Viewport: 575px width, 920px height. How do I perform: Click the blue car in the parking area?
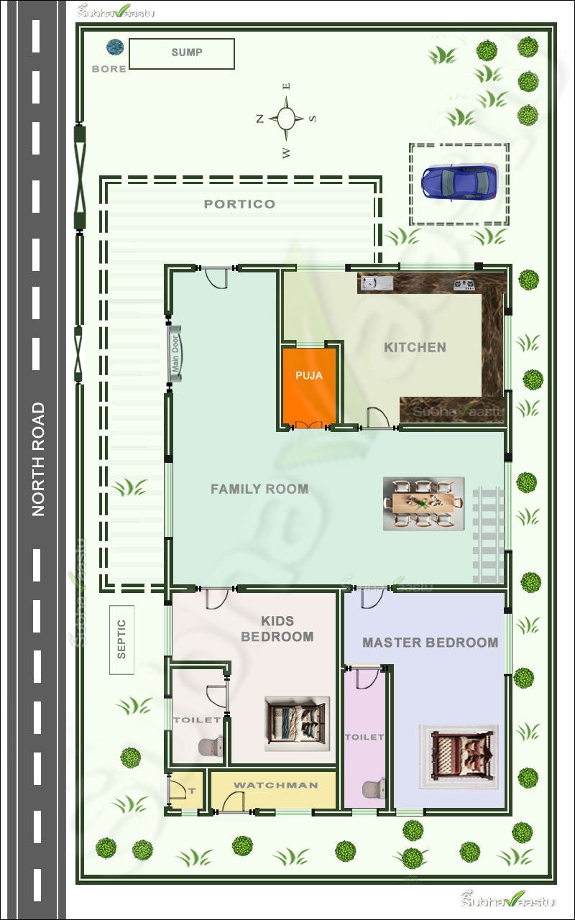point(459,182)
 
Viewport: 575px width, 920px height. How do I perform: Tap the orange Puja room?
point(309,386)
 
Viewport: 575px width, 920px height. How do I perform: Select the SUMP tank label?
point(186,52)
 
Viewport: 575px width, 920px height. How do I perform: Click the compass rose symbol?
point(285,119)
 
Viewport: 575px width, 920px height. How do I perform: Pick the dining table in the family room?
point(423,504)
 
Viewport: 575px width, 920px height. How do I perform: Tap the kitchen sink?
point(376,283)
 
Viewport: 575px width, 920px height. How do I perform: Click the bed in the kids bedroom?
point(297,723)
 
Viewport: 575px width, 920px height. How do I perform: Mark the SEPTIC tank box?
point(121,640)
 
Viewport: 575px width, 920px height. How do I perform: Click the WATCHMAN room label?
point(275,785)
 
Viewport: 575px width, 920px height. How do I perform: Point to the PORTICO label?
point(239,204)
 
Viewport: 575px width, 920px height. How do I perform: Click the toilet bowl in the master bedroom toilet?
point(374,790)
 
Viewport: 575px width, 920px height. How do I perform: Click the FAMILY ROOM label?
point(259,489)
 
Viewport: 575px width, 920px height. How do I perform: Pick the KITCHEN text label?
point(415,347)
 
